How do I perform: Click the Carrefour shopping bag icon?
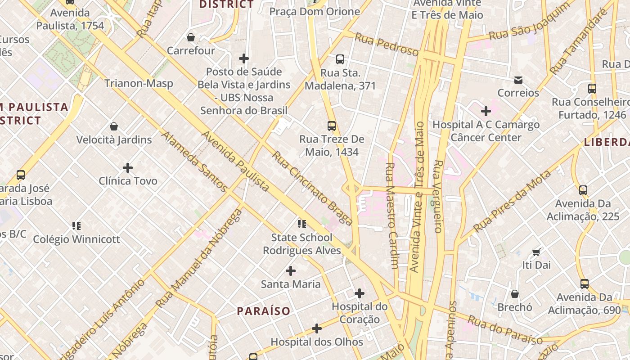[x=191, y=37]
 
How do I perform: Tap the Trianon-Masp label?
[x=139, y=83]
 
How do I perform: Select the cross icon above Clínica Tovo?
[x=128, y=168]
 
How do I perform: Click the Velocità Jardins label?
[x=114, y=140]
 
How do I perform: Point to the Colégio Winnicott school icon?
[x=76, y=225]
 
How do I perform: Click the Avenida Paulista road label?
[x=235, y=161]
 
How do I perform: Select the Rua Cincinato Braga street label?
[x=312, y=188]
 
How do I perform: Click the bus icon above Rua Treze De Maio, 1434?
[x=332, y=126]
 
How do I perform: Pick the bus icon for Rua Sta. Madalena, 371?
[x=340, y=59]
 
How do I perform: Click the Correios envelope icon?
[x=518, y=80]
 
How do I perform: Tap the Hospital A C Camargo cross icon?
[x=486, y=111]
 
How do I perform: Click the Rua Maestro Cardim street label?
[x=391, y=216]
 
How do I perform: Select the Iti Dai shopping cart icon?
[x=536, y=252]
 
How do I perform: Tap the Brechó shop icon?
[x=515, y=294]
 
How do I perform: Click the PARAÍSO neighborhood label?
[x=264, y=311]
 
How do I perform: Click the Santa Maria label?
[x=291, y=284]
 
